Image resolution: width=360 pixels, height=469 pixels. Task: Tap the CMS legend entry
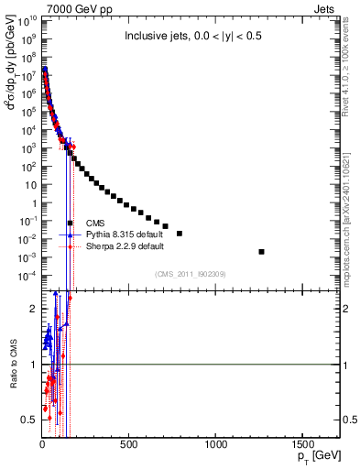tap(95, 223)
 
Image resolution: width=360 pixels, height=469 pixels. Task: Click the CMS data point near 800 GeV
tap(180, 234)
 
